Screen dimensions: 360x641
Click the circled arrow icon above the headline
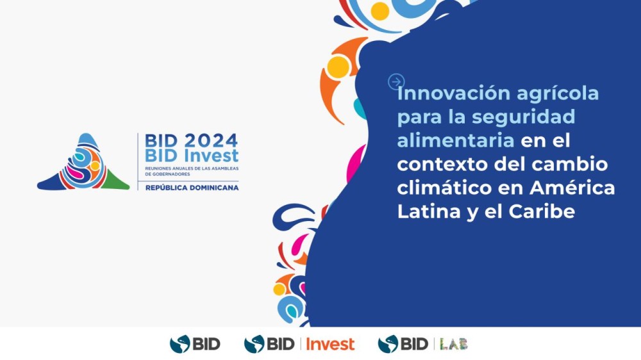[396, 81]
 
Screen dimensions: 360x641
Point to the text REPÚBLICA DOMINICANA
[192, 188]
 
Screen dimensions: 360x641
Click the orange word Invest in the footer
[330, 344]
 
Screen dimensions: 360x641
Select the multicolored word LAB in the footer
[454, 344]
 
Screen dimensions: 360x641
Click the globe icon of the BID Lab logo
[388, 344]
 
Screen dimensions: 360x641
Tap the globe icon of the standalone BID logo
[179, 344]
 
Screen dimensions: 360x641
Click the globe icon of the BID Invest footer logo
[254, 344]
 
